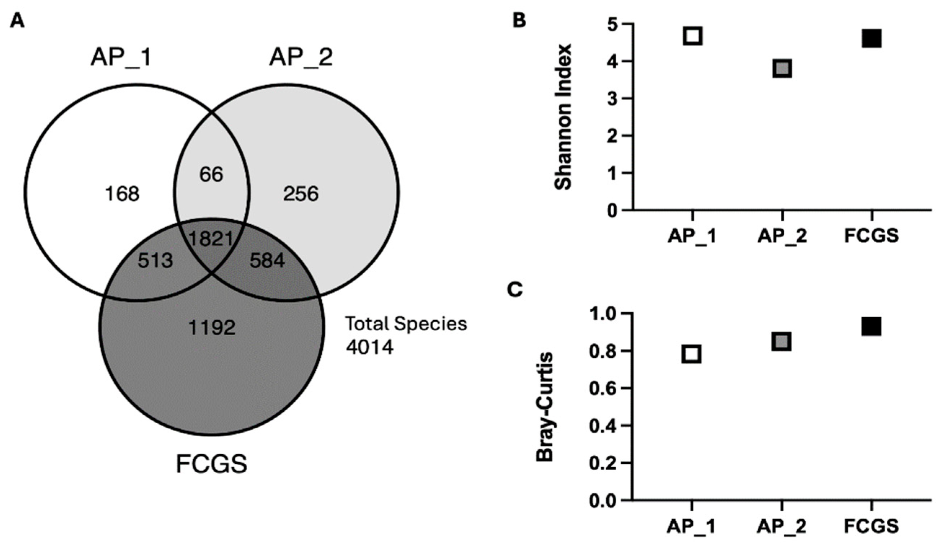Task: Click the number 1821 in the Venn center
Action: point(211,238)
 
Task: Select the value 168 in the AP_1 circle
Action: point(122,194)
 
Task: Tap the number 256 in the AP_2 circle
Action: point(301,194)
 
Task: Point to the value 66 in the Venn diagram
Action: point(211,175)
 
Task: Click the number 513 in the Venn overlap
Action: point(155,261)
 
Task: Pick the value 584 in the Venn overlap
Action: point(267,261)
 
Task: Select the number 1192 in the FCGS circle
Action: point(212,328)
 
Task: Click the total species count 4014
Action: point(369,348)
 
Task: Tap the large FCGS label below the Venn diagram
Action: point(211,464)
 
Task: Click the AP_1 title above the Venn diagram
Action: point(121,58)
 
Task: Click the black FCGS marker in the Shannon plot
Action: point(871,39)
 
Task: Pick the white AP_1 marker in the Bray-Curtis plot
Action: point(692,354)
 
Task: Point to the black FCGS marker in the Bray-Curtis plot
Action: point(871,327)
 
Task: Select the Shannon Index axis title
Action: point(563,117)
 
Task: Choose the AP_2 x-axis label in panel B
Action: point(782,237)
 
